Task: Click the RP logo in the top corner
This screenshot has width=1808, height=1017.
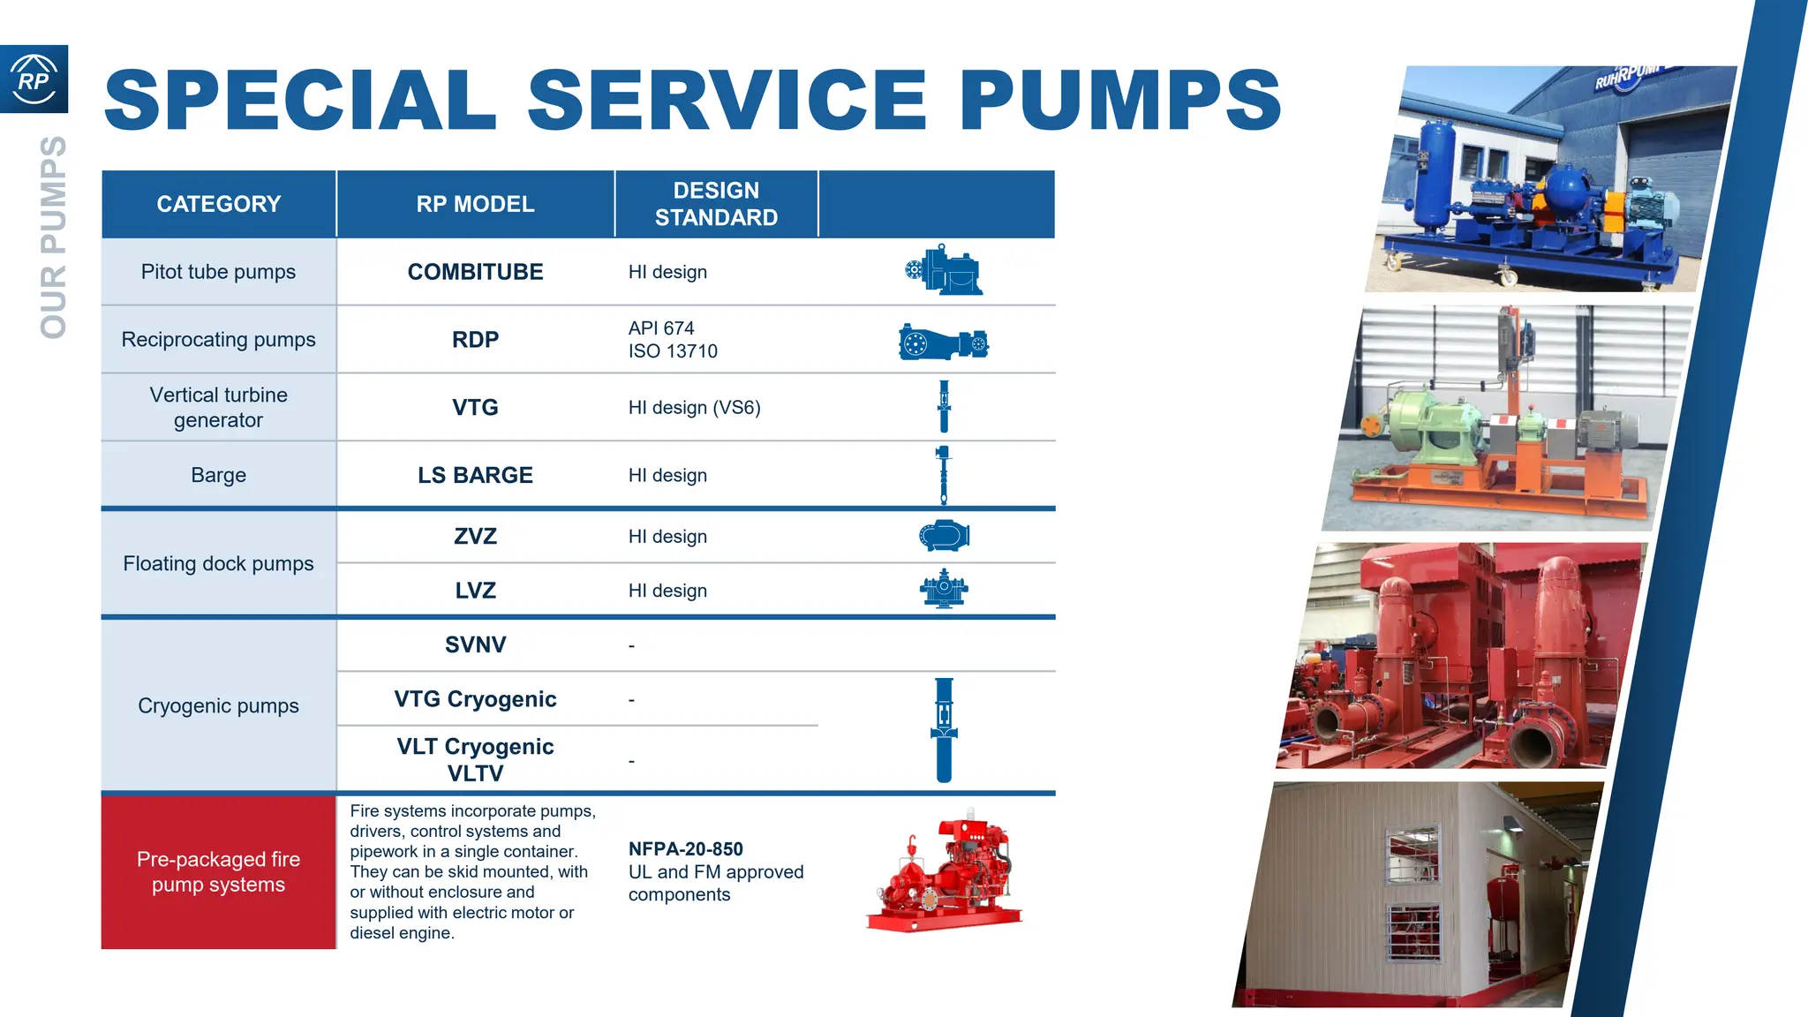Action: [34, 79]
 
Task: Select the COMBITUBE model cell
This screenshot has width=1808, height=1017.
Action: [475, 272]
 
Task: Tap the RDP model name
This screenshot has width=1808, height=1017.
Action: [475, 340]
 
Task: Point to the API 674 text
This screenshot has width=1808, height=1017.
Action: [661, 328]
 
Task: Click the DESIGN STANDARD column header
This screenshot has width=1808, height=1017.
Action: [716, 204]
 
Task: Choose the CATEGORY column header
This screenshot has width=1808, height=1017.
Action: [218, 204]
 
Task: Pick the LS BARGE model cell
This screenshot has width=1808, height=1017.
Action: [475, 475]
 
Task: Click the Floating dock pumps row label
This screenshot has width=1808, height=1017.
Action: [218, 563]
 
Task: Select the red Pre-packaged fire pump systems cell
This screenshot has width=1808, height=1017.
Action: [218, 872]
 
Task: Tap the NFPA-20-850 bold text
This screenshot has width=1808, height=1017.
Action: [685, 849]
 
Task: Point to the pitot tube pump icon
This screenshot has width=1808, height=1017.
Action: [944, 271]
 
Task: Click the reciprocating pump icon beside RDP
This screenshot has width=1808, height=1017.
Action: [944, 343]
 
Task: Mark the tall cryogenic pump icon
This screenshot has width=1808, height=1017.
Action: [944, 729]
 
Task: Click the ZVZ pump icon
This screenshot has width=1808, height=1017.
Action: [944, 536]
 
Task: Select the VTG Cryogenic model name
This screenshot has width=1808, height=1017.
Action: [475, 699]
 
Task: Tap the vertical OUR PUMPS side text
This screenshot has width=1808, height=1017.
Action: [53, 237]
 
